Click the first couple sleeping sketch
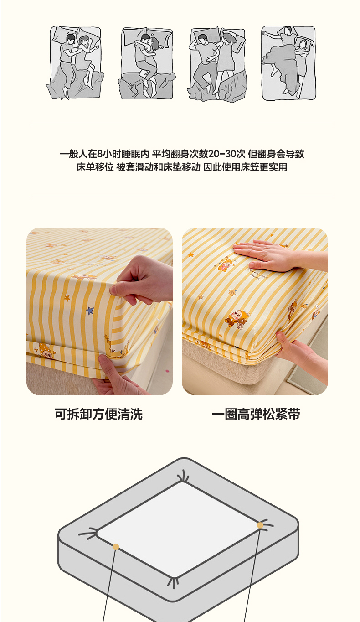[x=75, y=63]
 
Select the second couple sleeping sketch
[x=147, y=63]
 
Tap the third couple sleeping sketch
[x=217, y=64]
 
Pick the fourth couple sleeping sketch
[x=288, y=63]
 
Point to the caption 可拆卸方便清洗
[x=98, y=414]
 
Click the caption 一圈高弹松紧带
[x=256, y=414]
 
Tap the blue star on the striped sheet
[x=90, y=311]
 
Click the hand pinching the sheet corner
[x=142, y=280]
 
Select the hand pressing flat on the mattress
[x=278, y=255]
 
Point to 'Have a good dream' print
[x=257, y=274]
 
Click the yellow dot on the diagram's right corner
[x=260, y=525]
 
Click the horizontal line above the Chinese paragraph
[x=182, y=125]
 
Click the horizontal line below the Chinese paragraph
[x=182, y=195]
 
